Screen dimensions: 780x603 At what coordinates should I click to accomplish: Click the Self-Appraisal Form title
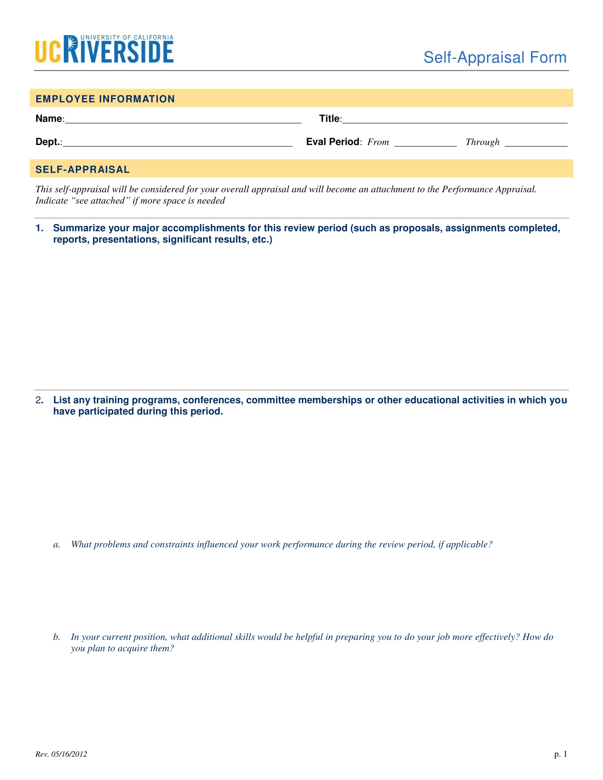(x=495, y=57)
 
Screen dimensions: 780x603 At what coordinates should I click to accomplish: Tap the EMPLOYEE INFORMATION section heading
(x=105, y=99)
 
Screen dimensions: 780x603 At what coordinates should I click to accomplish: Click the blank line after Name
(x=183, y=120)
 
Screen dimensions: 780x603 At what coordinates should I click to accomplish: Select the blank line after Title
(x=454, y=120)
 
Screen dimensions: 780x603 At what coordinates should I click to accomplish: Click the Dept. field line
(x=178, y=144)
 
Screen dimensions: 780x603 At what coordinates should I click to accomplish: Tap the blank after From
(x=425, y=144)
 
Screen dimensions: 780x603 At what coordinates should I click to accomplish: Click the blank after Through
(x=536, y=144)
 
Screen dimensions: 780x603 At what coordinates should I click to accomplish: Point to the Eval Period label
(x=333, y=142)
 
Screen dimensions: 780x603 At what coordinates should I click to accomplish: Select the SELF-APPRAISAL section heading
(x=83, y=169)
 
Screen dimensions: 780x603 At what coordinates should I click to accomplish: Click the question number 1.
(x=39, y=228)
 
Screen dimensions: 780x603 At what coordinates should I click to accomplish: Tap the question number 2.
(x=39, y=400)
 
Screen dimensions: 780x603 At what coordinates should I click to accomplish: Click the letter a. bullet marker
(x=56, y=545)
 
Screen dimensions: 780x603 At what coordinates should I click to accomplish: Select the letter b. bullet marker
(x=56, y=637)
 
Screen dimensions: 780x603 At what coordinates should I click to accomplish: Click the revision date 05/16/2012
(x=69, y=754)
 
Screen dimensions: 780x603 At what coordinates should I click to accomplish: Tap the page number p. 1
(x=560, y=754)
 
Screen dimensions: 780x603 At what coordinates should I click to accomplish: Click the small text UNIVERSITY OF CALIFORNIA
(x=127, y=38)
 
